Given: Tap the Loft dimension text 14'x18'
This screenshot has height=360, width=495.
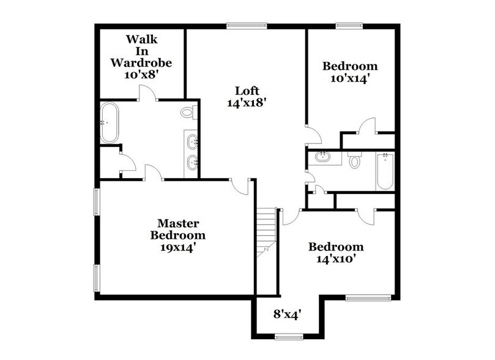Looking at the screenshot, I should [245, 103].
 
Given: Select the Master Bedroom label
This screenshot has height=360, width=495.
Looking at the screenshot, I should [178, 229].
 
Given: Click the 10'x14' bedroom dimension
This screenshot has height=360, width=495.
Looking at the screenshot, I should [350, 78].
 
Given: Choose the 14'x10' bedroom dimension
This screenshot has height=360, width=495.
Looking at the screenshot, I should [335, 258].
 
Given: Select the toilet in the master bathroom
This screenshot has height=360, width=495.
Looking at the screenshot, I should [188, 112].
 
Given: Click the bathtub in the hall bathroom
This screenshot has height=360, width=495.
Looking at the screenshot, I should [384, 171].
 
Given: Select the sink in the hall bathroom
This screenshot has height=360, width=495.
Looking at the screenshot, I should [322, 157].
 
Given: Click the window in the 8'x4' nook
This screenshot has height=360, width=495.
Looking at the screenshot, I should [288, 336].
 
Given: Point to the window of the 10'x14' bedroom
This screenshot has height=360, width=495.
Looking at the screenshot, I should [349, 26].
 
